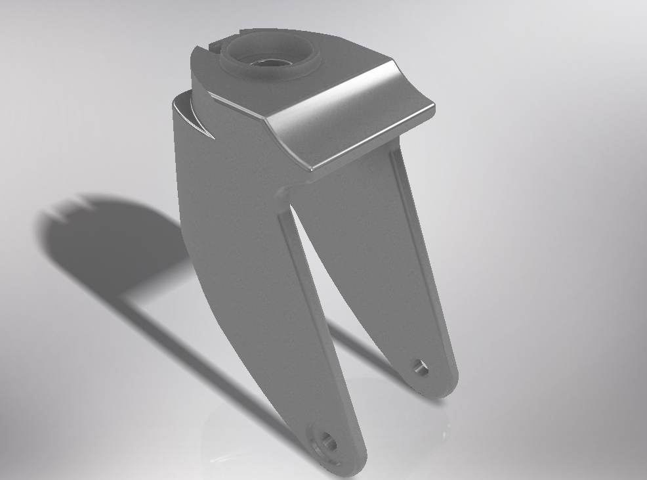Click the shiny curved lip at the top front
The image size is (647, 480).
coord(354,125)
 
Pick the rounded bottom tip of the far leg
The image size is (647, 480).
coord(436,387)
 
